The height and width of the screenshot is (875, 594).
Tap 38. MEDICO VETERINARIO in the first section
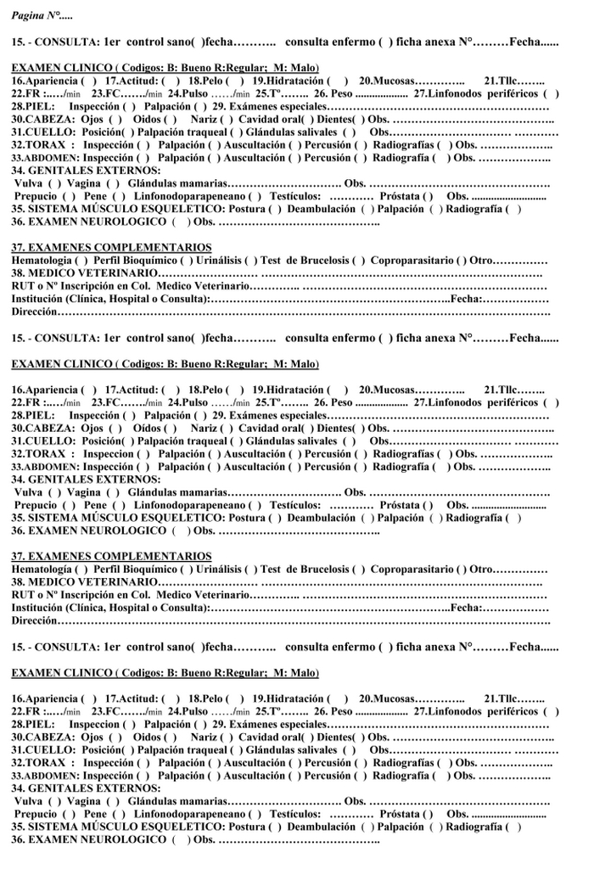pos(84,273)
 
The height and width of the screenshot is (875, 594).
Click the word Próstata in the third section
pos(400,813)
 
